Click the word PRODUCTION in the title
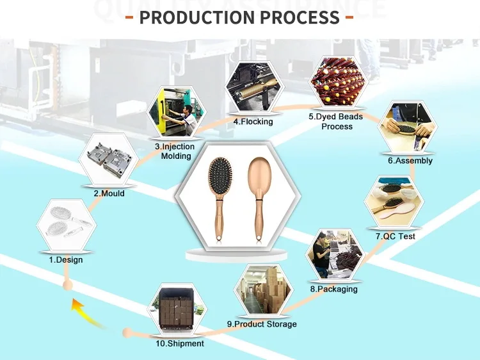tap(198, 17)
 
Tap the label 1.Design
tap(66, 259)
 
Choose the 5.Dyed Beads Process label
tap(336, 121)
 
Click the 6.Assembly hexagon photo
tap(408, 129)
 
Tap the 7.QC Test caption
tap(396, 236)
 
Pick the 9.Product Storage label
tap(262, 324)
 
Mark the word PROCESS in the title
tap(302, 17)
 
